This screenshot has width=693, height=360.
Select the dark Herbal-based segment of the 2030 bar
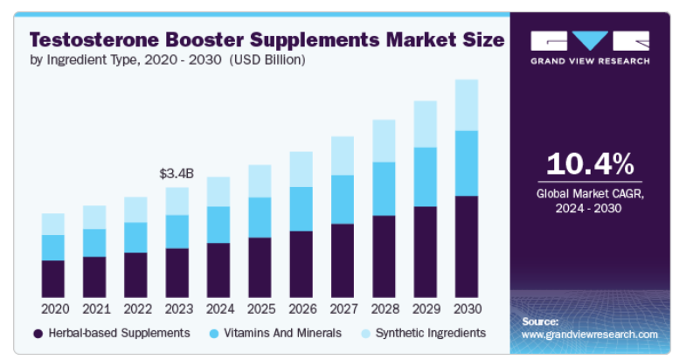(x=466, y=246)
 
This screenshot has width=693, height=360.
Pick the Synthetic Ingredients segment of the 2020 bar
(x=53, y=224)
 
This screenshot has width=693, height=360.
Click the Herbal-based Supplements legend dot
(x=38, y=333)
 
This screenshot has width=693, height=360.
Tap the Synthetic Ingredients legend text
(x=430, y=333)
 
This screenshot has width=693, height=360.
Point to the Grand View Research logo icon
(x=590, y=41)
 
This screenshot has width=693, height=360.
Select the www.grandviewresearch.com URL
(x=589, y=334)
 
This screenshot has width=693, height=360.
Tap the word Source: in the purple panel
(x=540, y=322)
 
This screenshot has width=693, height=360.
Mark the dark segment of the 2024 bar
(x=218, y=270)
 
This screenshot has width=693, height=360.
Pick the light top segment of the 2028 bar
(x=384, y=141)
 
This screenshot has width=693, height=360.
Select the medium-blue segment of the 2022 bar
(x=135, y=237)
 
